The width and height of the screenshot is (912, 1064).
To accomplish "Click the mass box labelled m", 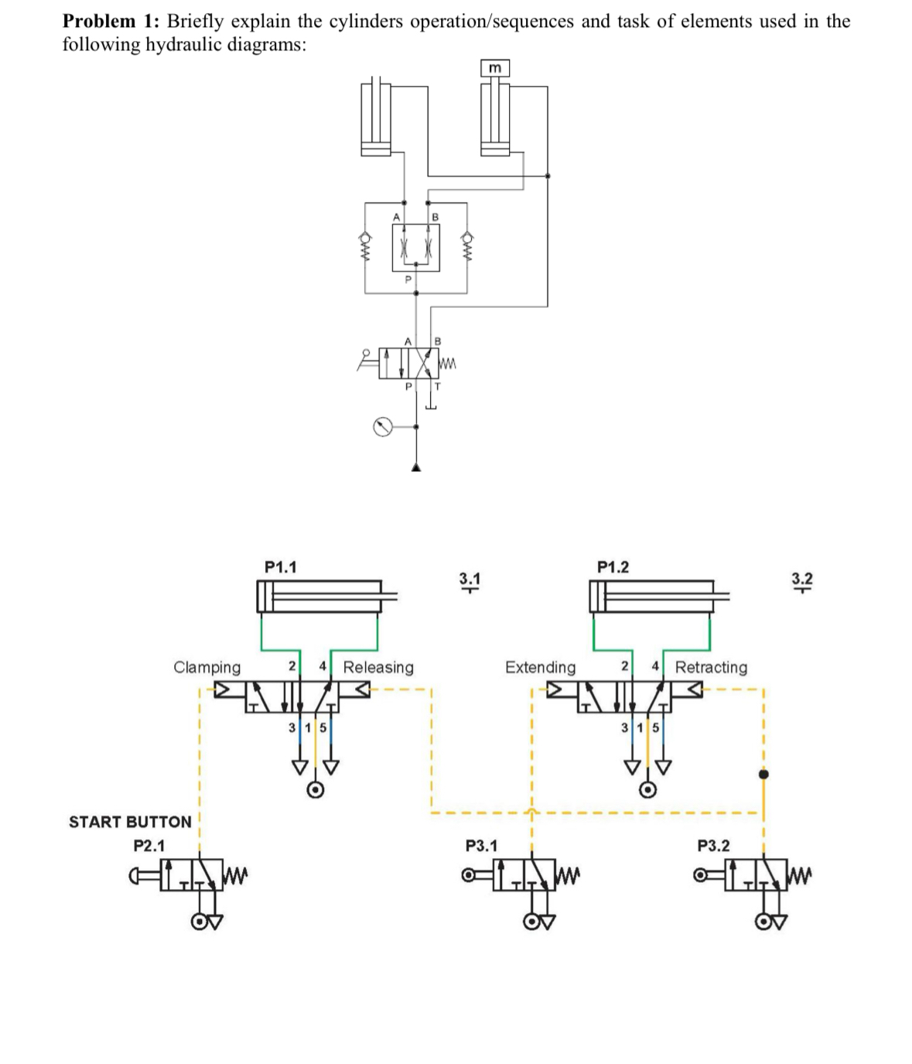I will point(495,69).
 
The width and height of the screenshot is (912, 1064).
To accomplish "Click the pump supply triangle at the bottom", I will point(416,466).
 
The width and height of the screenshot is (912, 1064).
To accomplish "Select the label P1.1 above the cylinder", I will point(280,567).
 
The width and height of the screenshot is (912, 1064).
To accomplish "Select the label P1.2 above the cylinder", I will point(613,567).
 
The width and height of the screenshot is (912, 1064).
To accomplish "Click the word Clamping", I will point(207,667).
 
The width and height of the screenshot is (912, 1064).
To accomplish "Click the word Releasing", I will point(378,667).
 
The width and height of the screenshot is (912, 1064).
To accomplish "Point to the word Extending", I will point(540,667).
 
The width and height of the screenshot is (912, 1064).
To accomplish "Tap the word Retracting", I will point(711,667).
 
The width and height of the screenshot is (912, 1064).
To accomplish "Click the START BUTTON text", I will point(130,822).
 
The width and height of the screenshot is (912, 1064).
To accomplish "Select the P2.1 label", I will point(149,846).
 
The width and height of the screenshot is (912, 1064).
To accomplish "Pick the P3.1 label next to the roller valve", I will point(481,846).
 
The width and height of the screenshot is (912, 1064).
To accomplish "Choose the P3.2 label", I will point(713,846).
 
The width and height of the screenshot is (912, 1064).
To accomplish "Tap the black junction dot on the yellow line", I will point(763,774).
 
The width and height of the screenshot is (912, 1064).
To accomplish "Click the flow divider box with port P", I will point(416,248).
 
